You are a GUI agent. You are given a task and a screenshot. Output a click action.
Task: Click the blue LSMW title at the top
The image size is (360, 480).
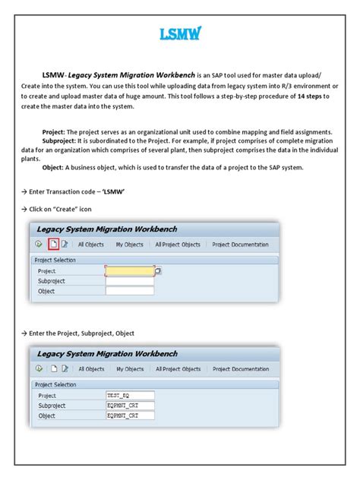point(179,33)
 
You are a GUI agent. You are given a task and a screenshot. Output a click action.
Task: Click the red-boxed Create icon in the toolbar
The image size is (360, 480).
point(52,244)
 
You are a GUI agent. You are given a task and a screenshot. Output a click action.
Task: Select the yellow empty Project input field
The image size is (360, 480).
point(130,270)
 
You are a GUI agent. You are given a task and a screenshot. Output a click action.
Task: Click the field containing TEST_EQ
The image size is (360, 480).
point(130,395)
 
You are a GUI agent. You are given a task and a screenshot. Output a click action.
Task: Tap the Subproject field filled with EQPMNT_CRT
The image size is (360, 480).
point(130,405)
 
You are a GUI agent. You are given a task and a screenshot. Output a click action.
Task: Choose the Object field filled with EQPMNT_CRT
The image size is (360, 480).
point(130,415)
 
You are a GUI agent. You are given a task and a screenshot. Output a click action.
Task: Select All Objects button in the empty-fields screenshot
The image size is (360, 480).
point(91,244)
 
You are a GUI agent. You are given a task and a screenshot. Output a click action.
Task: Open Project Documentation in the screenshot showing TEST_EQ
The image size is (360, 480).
point(240,369)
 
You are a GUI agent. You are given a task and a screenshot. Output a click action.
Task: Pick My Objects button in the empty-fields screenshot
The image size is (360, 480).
point(129,244)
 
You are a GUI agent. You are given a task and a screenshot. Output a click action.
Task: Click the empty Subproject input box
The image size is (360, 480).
point(130,279)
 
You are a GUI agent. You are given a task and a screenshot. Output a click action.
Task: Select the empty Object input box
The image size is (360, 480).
point(130,289)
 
